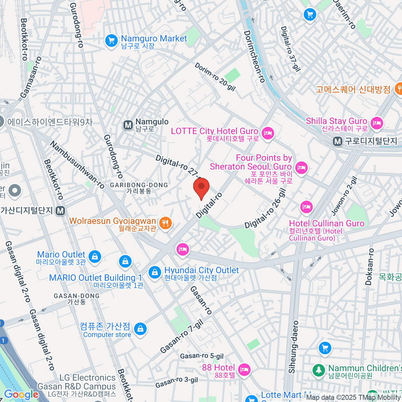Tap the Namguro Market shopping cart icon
point(111,41)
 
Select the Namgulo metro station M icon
point(128,125)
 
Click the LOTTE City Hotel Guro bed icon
point(268,134)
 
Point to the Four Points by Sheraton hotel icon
point(301,167)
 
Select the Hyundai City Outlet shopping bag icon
point(154,272)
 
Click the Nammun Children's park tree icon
point(318,370)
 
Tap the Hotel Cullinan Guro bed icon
point(306,207)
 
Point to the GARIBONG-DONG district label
point(139,185)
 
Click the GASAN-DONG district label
point(77,296)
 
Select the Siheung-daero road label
point(293,347)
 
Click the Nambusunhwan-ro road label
point(77,164)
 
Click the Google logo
point(21,395)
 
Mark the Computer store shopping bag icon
point(140,329)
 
